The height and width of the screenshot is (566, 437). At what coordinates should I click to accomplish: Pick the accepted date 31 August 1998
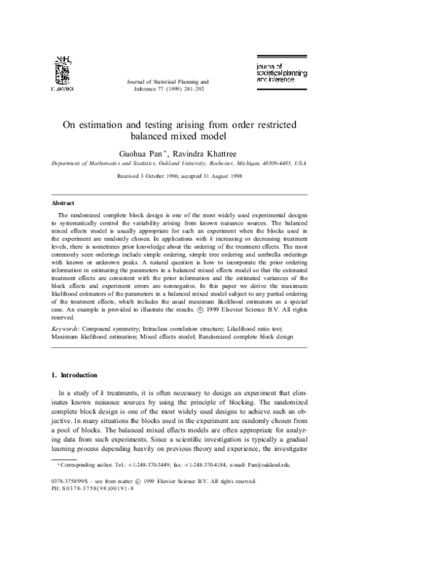261,177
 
